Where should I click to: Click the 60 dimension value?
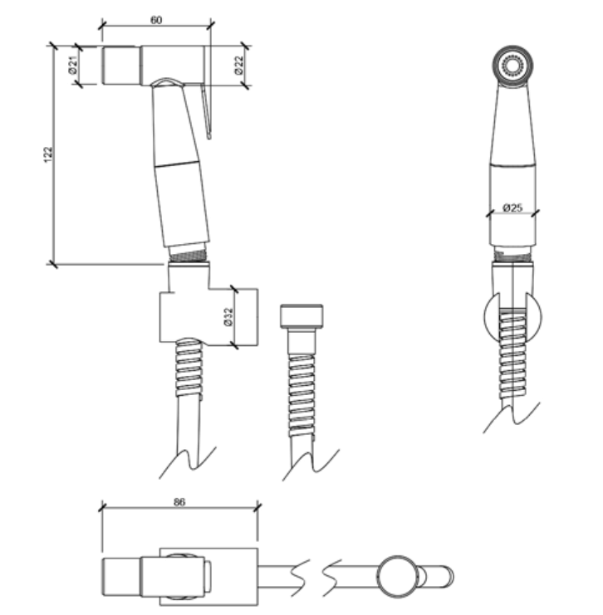coord(156,20)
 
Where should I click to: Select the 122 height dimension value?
coord(47,154)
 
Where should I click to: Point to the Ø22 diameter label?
coord(239,65)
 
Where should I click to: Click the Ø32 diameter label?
coord(228,317)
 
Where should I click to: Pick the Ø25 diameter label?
coord(512,207)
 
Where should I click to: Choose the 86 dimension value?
coord(179,502)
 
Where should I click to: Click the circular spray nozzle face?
coord(512,66)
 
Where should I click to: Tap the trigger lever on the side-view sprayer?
coord(207,112)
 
